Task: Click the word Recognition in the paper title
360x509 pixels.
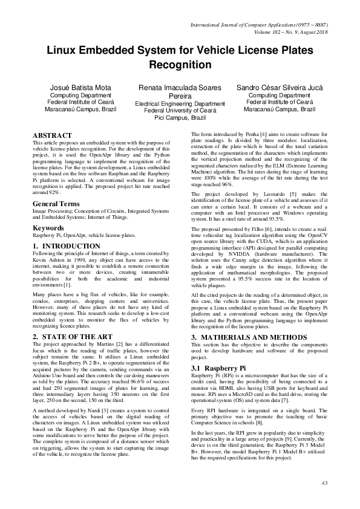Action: pyautogui.click(x=180, y=65)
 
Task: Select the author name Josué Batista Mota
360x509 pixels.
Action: pyautogui.click(x=80, y=88)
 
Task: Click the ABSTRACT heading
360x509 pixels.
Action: pyautogui.click(x=52, y=135)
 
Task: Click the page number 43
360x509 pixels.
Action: pyautogui.click(x=324, y=482)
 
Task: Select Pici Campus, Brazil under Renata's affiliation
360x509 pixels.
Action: pyautogui.click(x=180, y=118)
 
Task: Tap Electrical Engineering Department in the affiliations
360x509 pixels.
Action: pyautogui.click(x=180, y=103)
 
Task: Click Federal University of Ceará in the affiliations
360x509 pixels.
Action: pyautogui.click(x=180, y=111)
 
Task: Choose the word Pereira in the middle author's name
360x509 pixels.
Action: pyautogui.click(x=180, y=96)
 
